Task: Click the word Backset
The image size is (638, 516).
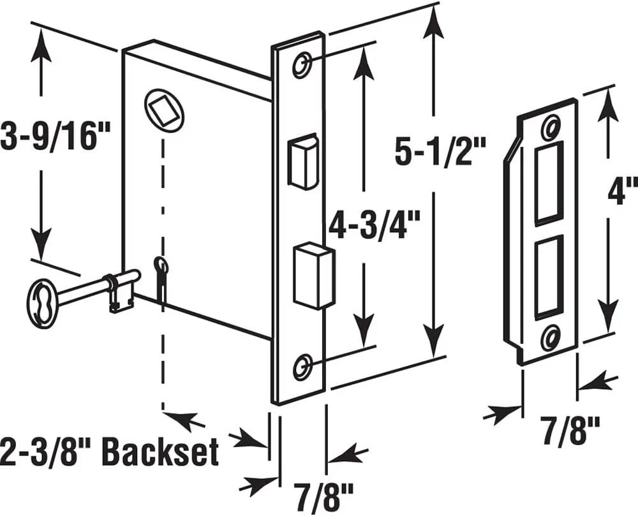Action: pyautogui.click(x=160, y=452)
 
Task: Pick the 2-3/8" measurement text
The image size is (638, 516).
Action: pyautogui.click(x=46, y=452)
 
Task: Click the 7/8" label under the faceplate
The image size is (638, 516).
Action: pyautogui.click(x=323, y=494)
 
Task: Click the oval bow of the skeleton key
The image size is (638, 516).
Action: pyautogui.click(x=43, y=305)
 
